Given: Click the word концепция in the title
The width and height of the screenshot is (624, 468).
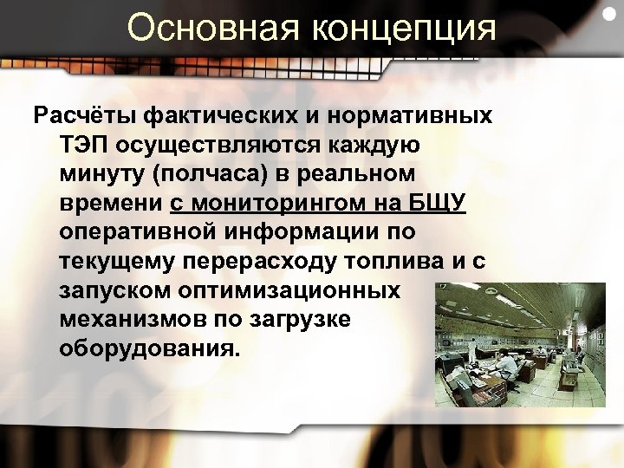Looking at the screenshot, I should pyautogui.click(x=409, y=29).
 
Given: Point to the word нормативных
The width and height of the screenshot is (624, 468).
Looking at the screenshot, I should pyautogui.click(x=413, y=115).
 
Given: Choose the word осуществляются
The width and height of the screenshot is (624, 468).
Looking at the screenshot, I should pyautogui.click(x=225, y=145).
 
